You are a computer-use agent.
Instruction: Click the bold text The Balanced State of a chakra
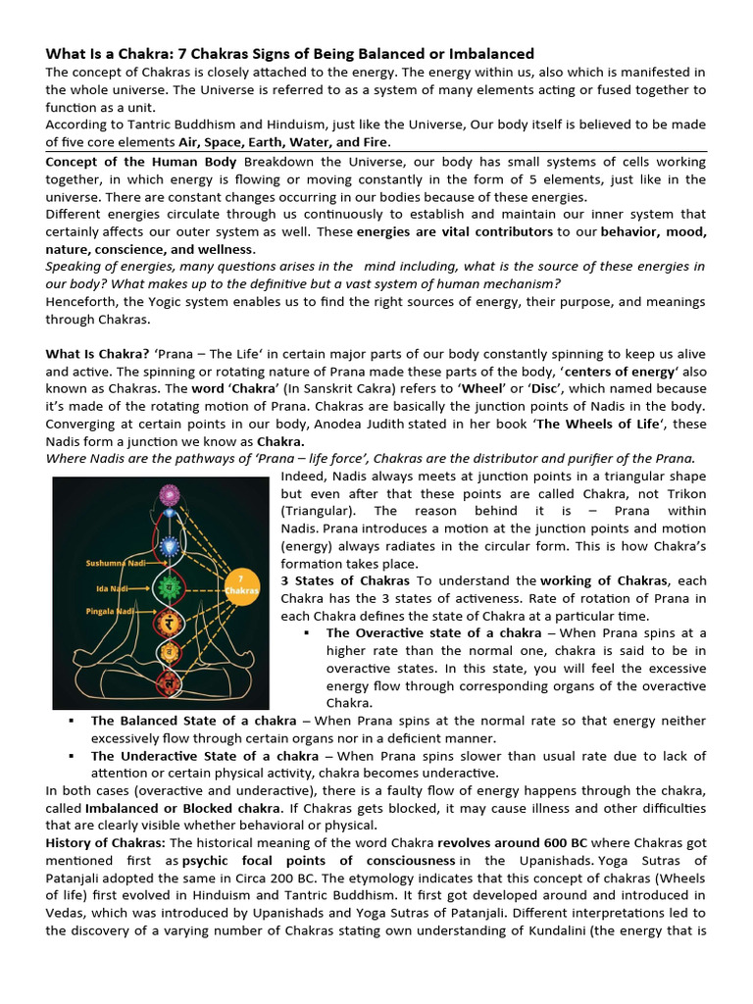click(x=193, y=721)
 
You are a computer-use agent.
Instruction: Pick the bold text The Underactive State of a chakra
click(x=204, y=756)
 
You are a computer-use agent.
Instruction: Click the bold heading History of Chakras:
click(x=106, y=843)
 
